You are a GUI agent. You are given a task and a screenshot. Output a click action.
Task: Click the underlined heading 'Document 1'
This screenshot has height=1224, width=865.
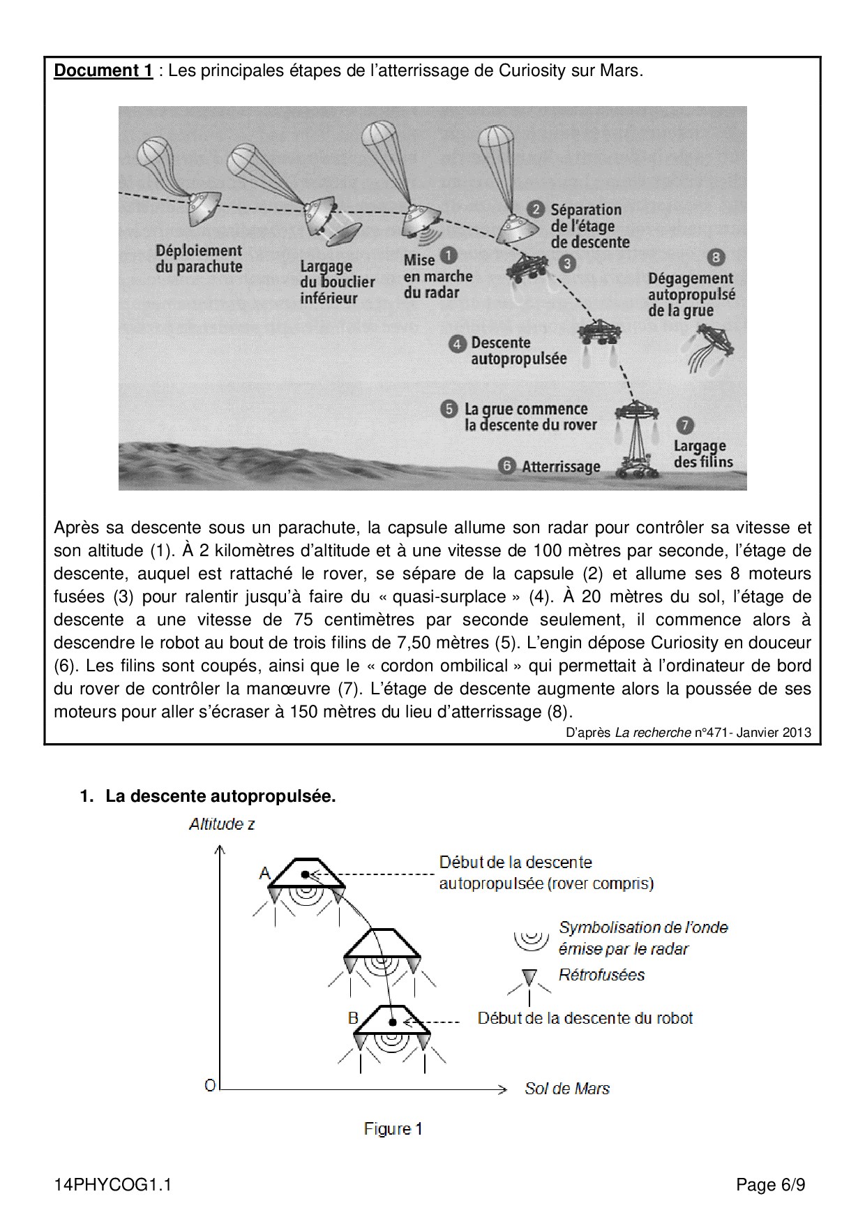pos(103,71)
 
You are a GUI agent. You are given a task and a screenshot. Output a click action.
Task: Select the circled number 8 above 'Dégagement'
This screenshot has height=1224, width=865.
pos(716,258)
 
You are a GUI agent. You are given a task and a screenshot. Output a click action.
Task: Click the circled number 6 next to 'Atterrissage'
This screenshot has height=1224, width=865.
pos(507,465)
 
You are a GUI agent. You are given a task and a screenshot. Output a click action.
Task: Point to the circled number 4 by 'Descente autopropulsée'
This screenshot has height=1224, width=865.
pos(458,343)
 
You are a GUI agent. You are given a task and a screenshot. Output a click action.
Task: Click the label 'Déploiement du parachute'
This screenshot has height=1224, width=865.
pos(199,258)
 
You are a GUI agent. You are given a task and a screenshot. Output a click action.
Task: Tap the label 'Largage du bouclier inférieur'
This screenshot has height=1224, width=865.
pos(338,282)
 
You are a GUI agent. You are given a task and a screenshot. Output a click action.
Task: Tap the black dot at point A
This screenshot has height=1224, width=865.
pos(305,874)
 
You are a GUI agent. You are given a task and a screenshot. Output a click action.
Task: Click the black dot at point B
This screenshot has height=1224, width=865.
pos(393,1022)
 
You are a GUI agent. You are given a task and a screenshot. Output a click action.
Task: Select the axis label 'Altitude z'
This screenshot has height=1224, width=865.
pos(222,824)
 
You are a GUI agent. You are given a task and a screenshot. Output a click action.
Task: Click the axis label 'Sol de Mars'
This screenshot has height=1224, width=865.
pos(567,1089)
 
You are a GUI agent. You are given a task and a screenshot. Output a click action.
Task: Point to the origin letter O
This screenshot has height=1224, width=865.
pos(209,1086)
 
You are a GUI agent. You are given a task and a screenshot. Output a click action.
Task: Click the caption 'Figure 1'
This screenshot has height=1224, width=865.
pos(393,1129)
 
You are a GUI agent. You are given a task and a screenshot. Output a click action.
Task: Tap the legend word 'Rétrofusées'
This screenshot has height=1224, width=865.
pos(601,975)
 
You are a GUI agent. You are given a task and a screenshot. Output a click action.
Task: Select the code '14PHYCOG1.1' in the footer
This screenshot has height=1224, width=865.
pos(112,1186)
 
